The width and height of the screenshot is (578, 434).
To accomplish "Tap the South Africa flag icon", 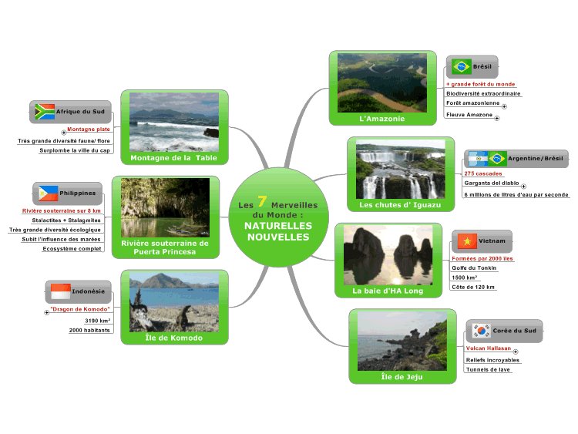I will pyautogui.click(x=44, y=112).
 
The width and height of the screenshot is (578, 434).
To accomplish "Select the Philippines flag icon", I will pyautogui.click(x=49, y=193).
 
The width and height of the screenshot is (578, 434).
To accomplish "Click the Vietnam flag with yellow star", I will pyautogui.click(x=465, y=241).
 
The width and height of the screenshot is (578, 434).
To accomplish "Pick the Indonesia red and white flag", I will pyautogui.click(x=60, y=292).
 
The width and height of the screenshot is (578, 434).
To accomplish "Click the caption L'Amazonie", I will pyautogui.click(x=381, y=119).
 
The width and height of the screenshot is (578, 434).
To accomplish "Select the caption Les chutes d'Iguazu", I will pyautogui.click(x=399, y=205).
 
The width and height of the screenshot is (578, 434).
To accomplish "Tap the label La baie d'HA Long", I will pyautogui.click(x=388, y=291).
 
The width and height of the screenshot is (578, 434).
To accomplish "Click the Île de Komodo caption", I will pyautogui.click(x=174, y=338).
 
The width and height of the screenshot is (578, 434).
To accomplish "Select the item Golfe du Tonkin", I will pyautogui.click(x=474, y=267).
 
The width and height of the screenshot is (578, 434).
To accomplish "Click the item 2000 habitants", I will pyautogui.click(x=89, y=330).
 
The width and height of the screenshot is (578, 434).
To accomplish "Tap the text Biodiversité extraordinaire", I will pyautogui.click(x=483, y=93).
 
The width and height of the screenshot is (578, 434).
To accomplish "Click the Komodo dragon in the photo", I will pyautogui.click(x=186, y=316).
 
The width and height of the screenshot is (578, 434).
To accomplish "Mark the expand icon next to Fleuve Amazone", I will pyautogui.click(x=496, y=118).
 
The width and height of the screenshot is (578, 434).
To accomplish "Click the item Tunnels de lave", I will pyautogui.click(x=488, y=369).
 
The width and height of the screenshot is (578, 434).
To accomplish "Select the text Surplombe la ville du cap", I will pyautogui.click(x=75, y=150).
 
